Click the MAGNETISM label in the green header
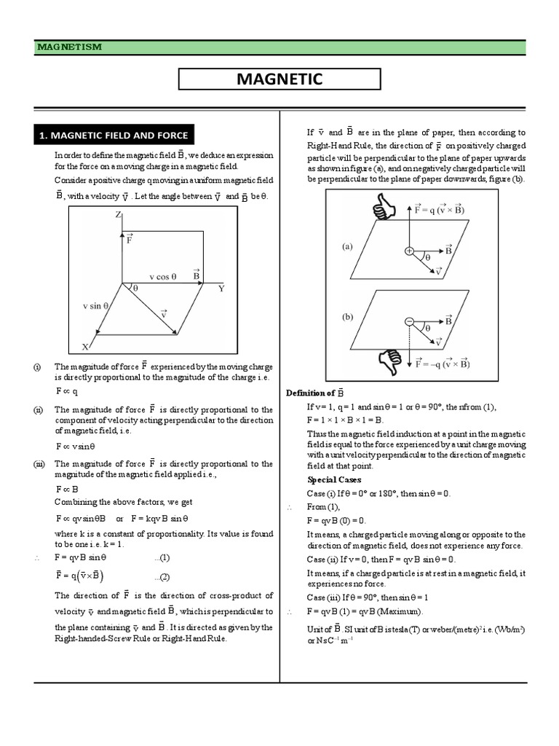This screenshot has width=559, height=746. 70,47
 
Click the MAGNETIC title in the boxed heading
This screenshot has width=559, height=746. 279,79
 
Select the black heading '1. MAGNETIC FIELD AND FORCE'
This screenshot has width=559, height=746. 114,135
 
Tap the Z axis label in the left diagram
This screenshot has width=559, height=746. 118,215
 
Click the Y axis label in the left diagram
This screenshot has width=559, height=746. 221,288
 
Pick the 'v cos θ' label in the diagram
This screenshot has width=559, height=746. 164,276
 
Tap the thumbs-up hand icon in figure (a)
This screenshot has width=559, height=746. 384,210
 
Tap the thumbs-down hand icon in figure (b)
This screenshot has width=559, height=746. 384,359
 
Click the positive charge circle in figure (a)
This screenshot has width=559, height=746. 409,251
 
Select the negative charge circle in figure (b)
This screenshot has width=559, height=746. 409,321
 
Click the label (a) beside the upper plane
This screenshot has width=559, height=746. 346,246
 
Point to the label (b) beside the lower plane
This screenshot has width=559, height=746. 346,317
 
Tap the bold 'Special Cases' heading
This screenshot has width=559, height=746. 334,480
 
